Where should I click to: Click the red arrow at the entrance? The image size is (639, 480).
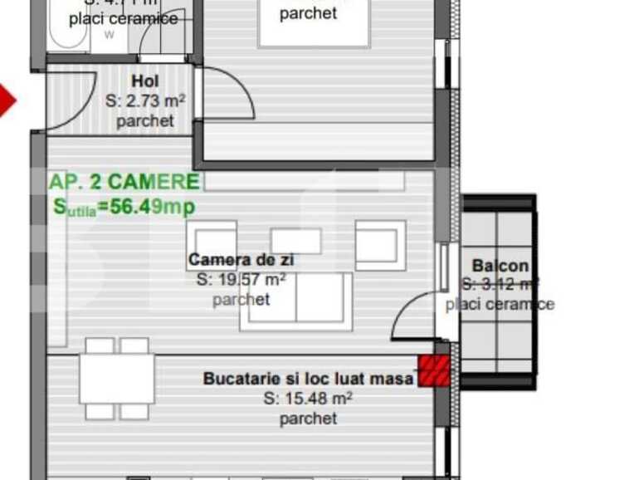pos(7,100)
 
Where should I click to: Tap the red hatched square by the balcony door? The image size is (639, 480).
pos(433,371)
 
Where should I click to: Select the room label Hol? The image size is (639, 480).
pos(144,82)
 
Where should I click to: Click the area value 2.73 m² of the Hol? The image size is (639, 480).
pos(145,101)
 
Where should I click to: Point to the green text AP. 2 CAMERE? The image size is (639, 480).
pos(124,182)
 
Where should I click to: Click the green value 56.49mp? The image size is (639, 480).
pos(146,207)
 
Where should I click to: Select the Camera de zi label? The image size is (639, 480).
pos(241,260)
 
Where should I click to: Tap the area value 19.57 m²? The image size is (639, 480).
pos(241,280)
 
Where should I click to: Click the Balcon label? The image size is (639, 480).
pos(500,266)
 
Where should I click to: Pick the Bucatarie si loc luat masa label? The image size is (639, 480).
pos(308,379)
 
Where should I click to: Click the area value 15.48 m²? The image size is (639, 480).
pos(308,399)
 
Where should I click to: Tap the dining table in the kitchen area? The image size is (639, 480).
pos(118,379)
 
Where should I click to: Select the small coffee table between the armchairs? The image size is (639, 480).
pos(295,241)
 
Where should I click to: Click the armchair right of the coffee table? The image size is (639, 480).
pos(380,245)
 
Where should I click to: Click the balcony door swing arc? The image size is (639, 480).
pos(411,316)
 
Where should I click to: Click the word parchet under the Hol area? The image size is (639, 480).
pos(145,121)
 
